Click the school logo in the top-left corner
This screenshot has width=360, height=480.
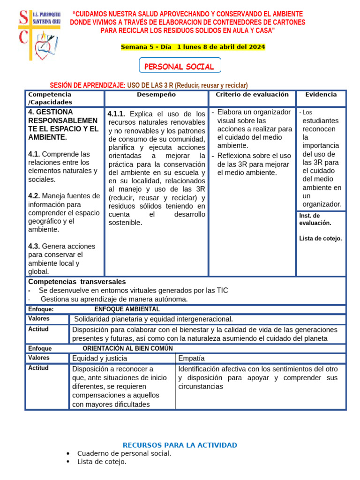pos(39,35)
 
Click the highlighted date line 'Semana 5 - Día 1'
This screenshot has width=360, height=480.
pos(193,47)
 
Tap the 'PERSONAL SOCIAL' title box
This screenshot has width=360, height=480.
pos(180,67)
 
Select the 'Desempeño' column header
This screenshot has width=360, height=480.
pos(156,95)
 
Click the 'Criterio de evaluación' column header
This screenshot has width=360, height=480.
pos(252,95)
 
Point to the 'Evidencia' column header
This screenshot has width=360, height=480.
pos(321,95)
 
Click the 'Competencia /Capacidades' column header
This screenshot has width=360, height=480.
pos(50,98)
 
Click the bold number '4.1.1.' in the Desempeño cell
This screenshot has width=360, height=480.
pos(116,114)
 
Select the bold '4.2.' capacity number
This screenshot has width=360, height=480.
pos(34,196)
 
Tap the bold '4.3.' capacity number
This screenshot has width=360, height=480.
pos(34,246)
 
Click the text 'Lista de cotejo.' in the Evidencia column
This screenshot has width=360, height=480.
pos(321,238)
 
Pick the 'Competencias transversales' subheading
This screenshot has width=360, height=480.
pos(77,282)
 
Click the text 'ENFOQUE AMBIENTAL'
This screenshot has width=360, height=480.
pos(127,309)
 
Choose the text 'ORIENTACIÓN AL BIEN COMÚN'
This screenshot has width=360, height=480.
pos(127,348)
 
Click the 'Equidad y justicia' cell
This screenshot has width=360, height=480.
pos(99,358)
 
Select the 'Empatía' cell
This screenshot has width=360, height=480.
pos(192,358)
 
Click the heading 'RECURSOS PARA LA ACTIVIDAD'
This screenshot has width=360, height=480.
pos(180,445)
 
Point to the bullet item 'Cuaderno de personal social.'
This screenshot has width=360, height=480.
pos(124,453)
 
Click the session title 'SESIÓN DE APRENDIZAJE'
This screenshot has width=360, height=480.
pos(87,85)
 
